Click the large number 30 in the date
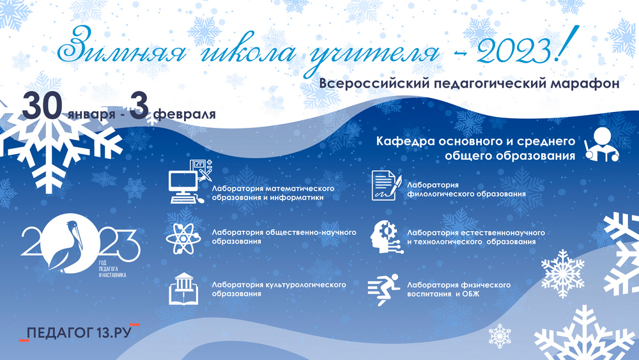click(42, 106)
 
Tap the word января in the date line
click(91, 114)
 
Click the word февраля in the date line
click(185, 114)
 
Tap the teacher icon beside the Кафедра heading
click(601, 145)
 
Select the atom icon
click(183, 238)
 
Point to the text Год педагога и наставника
click(112, 269)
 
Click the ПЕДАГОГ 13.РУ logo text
click(79, 333)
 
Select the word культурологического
click(305, 285)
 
